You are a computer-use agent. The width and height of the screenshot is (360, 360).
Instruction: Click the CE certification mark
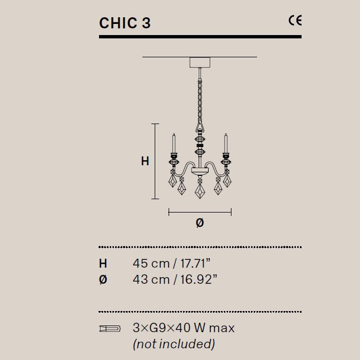pos(294,21)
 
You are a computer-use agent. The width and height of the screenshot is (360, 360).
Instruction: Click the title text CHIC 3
pos(125,23)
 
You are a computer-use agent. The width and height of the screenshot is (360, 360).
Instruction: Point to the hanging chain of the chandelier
pos(199,97)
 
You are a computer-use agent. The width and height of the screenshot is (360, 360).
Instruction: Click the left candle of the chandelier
pos(174,143)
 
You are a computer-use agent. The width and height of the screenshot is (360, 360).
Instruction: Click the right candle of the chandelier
pos(226,143)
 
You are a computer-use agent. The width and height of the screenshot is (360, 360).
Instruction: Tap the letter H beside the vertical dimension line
pos(145,161)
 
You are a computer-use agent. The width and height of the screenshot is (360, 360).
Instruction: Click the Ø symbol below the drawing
pos(200,223)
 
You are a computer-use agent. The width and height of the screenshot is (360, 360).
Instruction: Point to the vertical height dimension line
pos(156,161)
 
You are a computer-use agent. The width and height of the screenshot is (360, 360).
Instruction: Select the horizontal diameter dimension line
pos(200,211)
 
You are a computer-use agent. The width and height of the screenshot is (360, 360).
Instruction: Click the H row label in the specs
pos(103,263)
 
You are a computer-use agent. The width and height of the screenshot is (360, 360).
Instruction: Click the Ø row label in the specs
pos(103,279)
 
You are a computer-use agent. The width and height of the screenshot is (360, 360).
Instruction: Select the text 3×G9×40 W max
pos(184,328)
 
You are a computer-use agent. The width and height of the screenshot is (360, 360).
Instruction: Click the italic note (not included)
pos(174,344)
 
